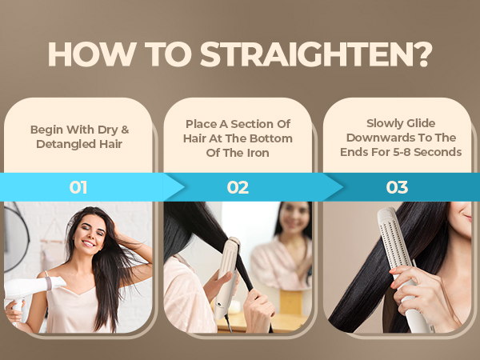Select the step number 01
[x=78, y=188]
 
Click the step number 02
[x=238, y=188]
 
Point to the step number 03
[x=397, y=188]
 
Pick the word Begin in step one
[x=46, y=130]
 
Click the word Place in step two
[x=201, y=123]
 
